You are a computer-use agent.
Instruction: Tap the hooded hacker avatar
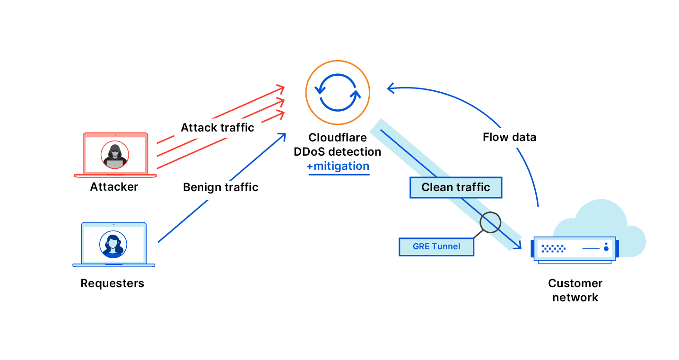[115, 155]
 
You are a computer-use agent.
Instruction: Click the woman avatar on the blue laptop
[113, 244]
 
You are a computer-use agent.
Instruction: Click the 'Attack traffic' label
[218, 128]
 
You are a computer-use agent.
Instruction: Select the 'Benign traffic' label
[221, 187]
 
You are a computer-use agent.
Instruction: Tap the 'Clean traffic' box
[455, 187]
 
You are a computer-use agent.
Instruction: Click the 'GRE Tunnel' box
[436, 246]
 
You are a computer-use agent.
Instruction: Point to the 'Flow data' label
[509, 137]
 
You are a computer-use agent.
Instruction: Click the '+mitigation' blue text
[338, 167]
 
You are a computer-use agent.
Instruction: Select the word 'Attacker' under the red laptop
[114, 187]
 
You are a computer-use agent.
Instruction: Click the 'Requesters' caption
[112, 283]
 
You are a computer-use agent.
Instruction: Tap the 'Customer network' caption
[575, 290]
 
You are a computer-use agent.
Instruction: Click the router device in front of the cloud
[575, 248]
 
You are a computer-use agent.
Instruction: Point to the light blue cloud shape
[610, 222]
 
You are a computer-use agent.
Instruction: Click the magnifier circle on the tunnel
[490, 222]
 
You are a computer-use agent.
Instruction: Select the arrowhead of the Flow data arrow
[390, 88]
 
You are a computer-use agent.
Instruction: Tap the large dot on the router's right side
[606, 248]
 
